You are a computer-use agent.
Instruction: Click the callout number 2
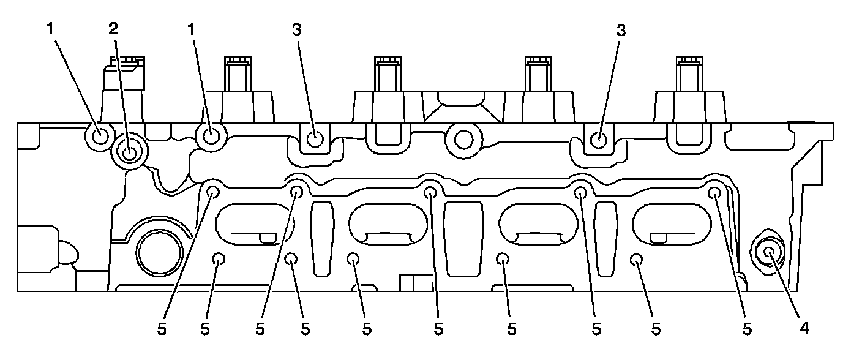[113, 29]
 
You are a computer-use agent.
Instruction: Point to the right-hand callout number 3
[621, 30]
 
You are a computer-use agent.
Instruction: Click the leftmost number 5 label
[162, 329]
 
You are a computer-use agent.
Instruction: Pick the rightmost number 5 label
[747, 329]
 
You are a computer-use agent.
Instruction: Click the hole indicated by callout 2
[130, 151]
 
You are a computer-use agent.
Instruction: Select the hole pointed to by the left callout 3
[315, 140]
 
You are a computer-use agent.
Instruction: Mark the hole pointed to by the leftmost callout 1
[98, 135]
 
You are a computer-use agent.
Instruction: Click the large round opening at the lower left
[159, 251]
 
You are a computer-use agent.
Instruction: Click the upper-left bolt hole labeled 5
[214, 192]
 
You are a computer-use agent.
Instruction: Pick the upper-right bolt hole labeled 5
[714, 193]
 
